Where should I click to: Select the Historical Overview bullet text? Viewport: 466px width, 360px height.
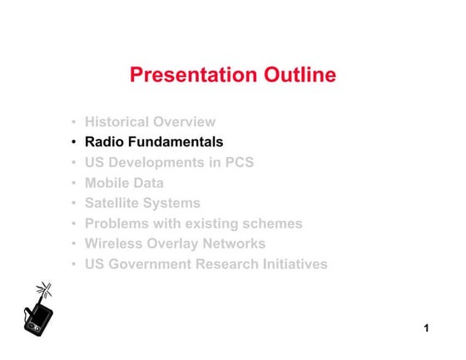[150, 122]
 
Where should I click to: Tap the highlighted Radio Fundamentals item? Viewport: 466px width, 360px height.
[154, 142]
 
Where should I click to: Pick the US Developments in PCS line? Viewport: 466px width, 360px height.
[169, 163]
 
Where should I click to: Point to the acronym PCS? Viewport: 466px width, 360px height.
[238, 163]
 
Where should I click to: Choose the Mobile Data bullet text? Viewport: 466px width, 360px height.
[124, 183]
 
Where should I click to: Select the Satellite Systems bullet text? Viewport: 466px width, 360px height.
[142, 203]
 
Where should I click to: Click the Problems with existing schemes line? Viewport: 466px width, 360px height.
[193, 224]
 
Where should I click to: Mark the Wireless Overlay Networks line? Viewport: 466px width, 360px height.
[175, 244]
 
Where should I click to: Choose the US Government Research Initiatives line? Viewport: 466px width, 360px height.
[206, 264]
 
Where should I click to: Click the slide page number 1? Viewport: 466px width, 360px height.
[426, 329]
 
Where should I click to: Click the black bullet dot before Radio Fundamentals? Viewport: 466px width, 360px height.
[75, 143]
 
